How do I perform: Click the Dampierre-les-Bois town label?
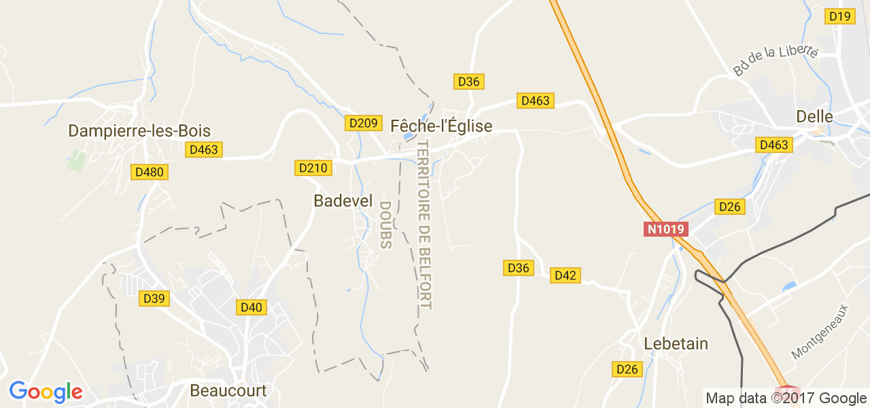tap(139, 131)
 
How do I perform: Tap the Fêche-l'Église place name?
tap(441, 126)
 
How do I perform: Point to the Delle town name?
tap(814, 117)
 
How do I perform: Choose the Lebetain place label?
tap(676, 344)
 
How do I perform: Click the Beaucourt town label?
tap(228, 391)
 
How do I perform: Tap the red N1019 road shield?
tap(666, 229)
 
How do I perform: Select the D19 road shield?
tap(840, 16)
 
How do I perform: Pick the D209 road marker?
tap(362, 123)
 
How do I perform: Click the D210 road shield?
tap(313, 168)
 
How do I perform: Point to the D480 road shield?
tap(150, 172)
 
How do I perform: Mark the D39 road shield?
tap(154, 299)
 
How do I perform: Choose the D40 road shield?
tap(251, 307)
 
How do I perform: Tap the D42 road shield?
tap(565, 275)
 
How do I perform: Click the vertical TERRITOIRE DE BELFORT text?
tap(425, 224)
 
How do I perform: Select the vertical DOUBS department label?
tap(385, 224)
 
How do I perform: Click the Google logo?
tap(46, 392)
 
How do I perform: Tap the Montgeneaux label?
tap(821, 332)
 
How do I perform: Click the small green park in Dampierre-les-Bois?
tap(77, 160)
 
